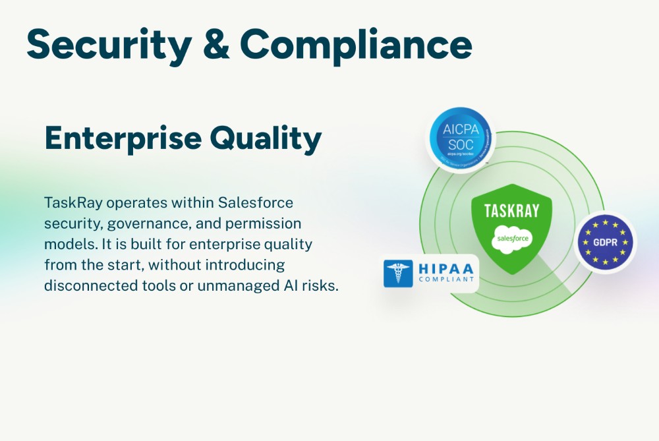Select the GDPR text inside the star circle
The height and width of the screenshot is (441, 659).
point(605,242)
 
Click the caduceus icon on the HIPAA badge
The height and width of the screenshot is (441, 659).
point(398,273)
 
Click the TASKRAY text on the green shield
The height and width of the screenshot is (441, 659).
point(511,211)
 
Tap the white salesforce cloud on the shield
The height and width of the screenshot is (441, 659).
point(511,237)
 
